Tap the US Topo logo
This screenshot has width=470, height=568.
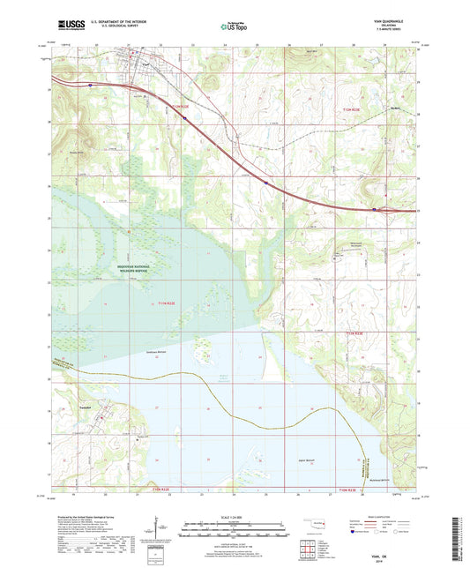234,27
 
